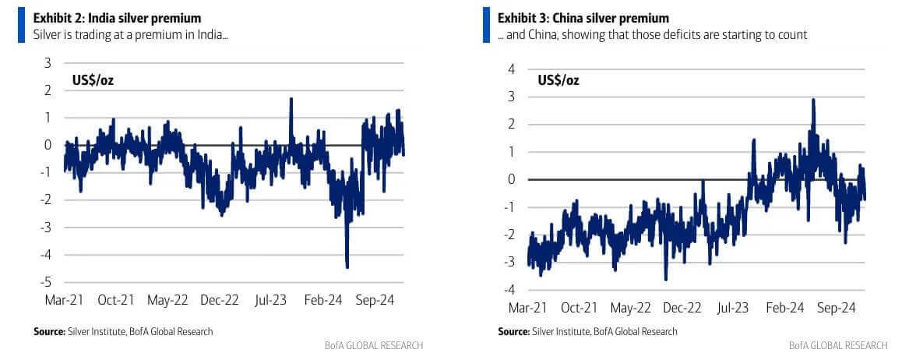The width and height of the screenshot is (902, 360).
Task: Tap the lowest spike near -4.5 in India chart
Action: pos(347,266)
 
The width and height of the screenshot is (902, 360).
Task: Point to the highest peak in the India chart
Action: pos(291,99)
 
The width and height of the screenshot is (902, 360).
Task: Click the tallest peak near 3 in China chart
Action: pos(813,100)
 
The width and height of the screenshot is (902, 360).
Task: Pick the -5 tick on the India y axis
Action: pos(47,282)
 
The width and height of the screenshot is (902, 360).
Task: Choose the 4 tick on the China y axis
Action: pos(512,69)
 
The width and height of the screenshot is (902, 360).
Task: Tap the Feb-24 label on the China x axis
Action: pos(785,307)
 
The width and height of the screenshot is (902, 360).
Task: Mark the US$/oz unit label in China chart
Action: pos(558,79)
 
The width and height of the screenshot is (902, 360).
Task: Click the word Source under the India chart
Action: pos(48,331)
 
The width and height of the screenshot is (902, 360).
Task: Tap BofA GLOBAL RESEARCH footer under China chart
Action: pos(837,344)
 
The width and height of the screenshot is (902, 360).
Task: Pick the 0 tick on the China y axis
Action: pos(512,179)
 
